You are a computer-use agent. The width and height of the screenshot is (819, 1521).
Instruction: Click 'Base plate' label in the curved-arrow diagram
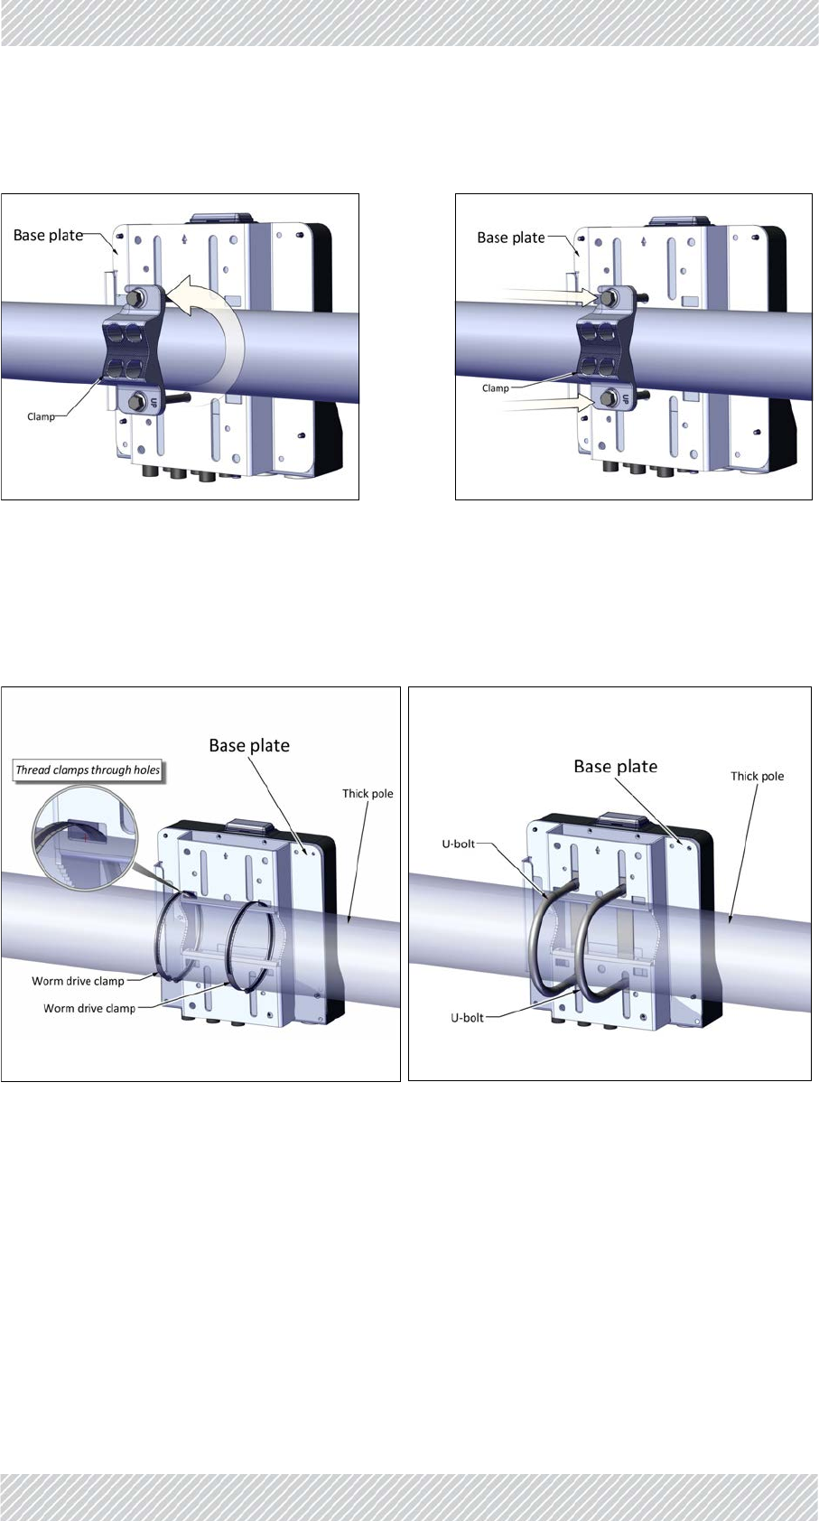pyautogui.click(x=48, y=235)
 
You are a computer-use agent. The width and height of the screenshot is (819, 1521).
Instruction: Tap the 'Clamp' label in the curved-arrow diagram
pyautogui.click(x=41, y=416)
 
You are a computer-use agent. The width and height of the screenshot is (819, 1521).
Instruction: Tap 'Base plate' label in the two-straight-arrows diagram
pyautogui.click(x=510, y=238)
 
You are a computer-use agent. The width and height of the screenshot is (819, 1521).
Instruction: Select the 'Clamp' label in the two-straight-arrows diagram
pyautogui.click(x=496, y=388)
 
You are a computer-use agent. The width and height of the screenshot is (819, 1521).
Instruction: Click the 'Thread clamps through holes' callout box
pyautogui.click(x=88, y=770)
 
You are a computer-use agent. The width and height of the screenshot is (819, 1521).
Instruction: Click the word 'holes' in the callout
pyautogui.click(x=146, y=770)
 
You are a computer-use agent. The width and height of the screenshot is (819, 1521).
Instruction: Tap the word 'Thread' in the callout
pyautogui.click(x=33, y=770)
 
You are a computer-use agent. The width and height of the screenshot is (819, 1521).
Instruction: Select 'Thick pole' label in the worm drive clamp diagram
pyautogui.click(x=368, y=794)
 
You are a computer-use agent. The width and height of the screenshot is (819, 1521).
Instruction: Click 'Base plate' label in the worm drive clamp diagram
pyautogui.click(x=249, y=745)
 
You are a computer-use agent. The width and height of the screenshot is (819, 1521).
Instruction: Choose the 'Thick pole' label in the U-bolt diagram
pyautogui.click(x=757, y=776)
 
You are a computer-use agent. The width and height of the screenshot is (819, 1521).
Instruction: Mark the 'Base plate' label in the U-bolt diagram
pyautogui.click(x=615, y=766)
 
